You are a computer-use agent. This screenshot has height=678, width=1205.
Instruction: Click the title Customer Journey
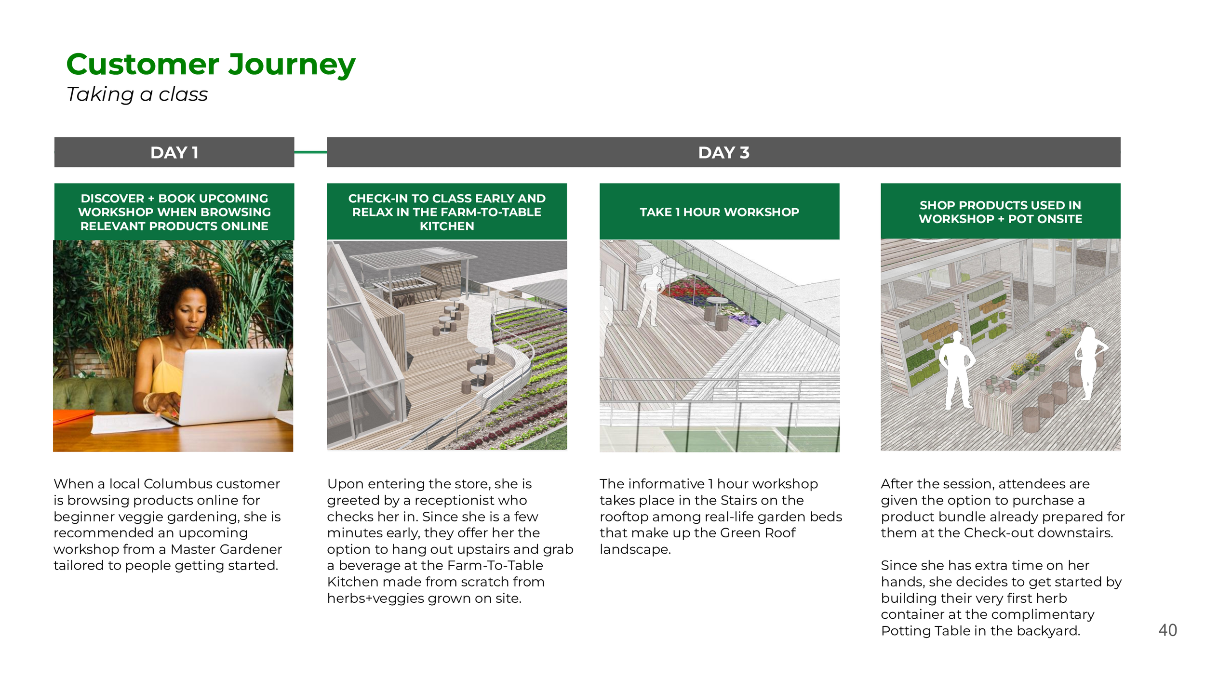[x=211, y=65]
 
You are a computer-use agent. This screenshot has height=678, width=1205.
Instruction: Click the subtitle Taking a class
[x=137, y=94]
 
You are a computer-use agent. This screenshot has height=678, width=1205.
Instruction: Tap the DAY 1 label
[x=174, y=153]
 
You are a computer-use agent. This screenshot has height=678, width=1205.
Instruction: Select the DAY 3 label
[x=723, y=153]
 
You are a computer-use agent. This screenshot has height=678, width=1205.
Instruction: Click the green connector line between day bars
[x=310, y=152]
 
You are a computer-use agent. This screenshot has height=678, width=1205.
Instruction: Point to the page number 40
[x=1167, y=630]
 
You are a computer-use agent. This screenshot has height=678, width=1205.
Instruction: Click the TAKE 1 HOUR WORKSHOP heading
[x=719, y=212]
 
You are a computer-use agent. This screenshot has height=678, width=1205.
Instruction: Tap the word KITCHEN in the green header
[x=447, y=226]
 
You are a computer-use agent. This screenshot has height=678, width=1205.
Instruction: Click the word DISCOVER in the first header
[x=112, y=199]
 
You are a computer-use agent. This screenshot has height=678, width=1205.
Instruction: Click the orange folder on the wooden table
[x=72, y=416]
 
